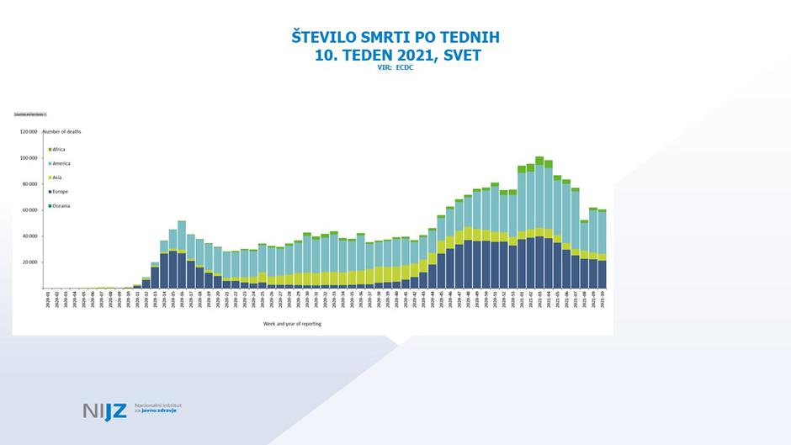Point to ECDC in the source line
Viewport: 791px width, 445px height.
tap(406, 68)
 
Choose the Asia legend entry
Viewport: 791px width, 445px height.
tap(56, 177)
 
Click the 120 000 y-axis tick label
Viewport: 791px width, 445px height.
tap(29, 132)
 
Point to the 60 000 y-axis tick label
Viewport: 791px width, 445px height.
tap(30, 210)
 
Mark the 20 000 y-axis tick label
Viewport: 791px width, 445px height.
tap(30, 262)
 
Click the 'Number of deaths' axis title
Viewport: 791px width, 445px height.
tap(61, 132)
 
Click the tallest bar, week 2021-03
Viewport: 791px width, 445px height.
tap(539, 227)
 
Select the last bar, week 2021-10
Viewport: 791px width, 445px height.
tap(602, 252)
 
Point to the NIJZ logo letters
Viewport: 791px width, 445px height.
tap(104, 411)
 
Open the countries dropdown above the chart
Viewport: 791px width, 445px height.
tap(30, 114)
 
